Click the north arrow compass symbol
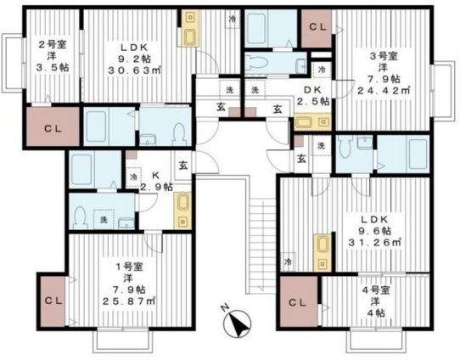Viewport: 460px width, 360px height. coord(237,323)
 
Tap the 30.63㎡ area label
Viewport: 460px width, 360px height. coord(134,70)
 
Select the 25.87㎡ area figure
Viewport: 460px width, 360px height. coord(129,301)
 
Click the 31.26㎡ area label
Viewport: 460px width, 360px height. coord(374,242)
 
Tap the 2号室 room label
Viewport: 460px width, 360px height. coord(53,45)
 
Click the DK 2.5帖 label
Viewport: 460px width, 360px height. coord(312,95)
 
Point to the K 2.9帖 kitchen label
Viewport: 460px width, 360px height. coord(155,182)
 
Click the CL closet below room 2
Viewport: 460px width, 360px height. coord(53,127)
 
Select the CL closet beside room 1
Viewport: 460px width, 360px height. coord(53,301)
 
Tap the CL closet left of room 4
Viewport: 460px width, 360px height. coord(299,302)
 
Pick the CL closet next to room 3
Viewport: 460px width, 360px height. coord(317,28)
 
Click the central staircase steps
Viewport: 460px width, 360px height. coord(262,243)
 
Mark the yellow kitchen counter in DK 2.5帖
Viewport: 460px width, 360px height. coord(312,123)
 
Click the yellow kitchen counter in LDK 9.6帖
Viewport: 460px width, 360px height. coord(323,252)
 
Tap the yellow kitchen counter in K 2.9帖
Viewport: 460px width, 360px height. coord(182,211)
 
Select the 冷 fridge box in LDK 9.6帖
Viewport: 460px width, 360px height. coord(289,262)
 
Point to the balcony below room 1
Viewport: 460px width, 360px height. coord(123,341)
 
